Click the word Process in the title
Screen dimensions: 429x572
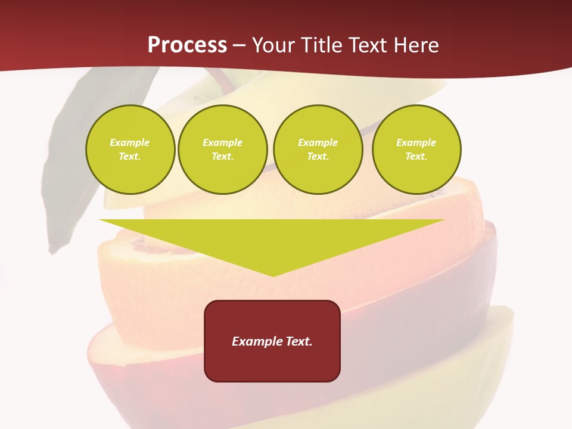click(187, 45)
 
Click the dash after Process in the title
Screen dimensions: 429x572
click(240, 45)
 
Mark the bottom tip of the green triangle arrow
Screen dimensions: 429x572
click(273, 275)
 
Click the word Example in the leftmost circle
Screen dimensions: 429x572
click(130, 142)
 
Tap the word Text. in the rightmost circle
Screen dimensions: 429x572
click(416, 156)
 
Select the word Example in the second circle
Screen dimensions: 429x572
click(223, 142)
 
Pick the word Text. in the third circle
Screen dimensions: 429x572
click(318, 156)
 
